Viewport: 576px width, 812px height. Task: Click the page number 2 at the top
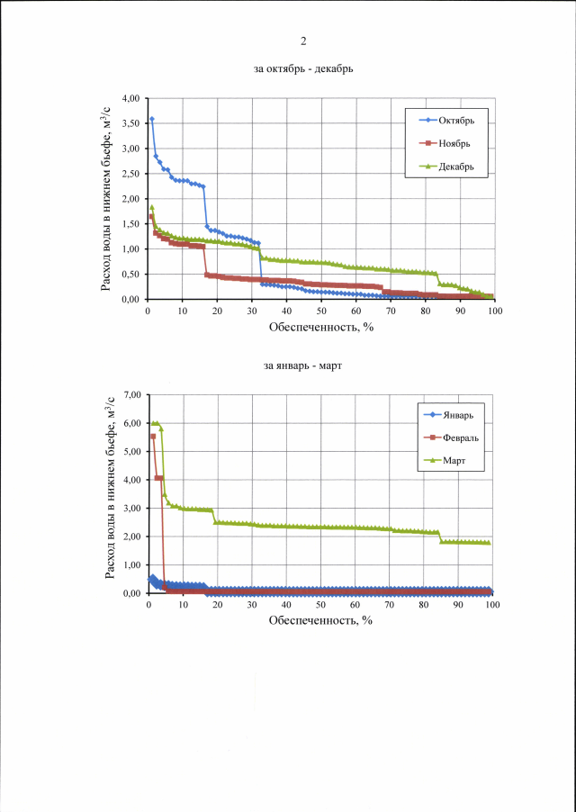tap(303, 41)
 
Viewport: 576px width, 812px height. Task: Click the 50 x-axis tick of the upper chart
tap(321, 311)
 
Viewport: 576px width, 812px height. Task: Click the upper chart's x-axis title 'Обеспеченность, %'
tap(320, 326)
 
